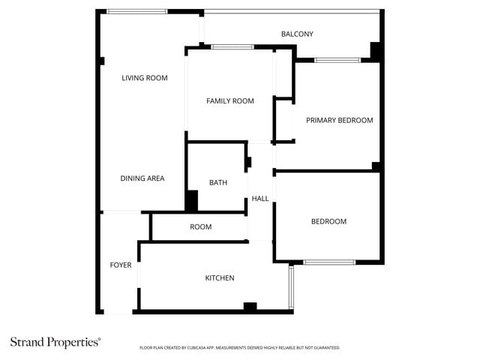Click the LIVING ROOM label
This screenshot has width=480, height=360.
[x=145, y=78]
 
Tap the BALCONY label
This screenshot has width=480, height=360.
[x=297, y=34]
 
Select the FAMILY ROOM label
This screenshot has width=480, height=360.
[x=230, y=101]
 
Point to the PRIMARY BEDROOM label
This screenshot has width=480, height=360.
[x=339, y=120]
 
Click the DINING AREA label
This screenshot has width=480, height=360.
[x=142, y=178]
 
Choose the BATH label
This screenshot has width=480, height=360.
[x=218, y=182]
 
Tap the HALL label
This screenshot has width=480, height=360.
[x=260, y=199]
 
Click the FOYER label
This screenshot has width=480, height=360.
[x=121, y=265]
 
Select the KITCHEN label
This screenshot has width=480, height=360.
[x=220, y=278]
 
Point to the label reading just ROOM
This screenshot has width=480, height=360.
[x=200, y=227]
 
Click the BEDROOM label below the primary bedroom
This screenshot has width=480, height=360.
[x=328, y=221]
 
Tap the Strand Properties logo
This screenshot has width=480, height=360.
[x=55, y=342]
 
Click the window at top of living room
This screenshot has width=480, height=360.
[x=137, y=12]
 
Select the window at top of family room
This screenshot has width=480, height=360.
[x=232, y=47]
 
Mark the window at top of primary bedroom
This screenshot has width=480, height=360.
[x=337, y=60]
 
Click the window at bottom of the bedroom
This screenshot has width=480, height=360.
[x=329, y=262]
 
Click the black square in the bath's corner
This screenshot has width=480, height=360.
[x=192, y=201]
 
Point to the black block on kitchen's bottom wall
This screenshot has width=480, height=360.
[x=250, y=306]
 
